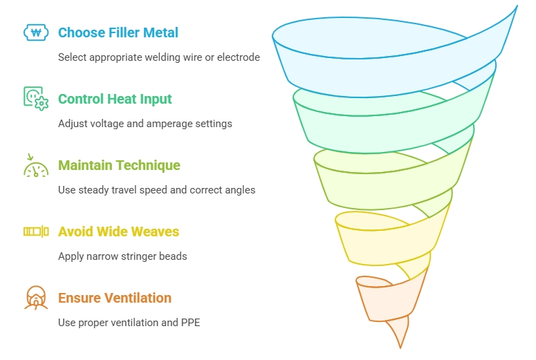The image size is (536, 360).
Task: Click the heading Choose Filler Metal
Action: tap(118, 32)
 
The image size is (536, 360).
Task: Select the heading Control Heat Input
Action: tap(115, 99)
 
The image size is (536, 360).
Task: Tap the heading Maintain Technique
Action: tap(119, 165)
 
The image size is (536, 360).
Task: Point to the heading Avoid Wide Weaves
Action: tap(119, 231)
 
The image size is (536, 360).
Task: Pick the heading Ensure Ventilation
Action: tap(115, 298)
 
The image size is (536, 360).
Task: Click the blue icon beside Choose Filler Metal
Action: tap(36, 32)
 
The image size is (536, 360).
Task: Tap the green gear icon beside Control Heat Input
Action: tap(36, 98)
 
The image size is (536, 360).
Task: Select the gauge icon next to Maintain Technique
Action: tap(36, 165)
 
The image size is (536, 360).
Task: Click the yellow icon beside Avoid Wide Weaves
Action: tap(36, 231)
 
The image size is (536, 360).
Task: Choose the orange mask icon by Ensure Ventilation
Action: tap(36, 298)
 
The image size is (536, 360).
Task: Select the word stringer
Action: tap(140, 256)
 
